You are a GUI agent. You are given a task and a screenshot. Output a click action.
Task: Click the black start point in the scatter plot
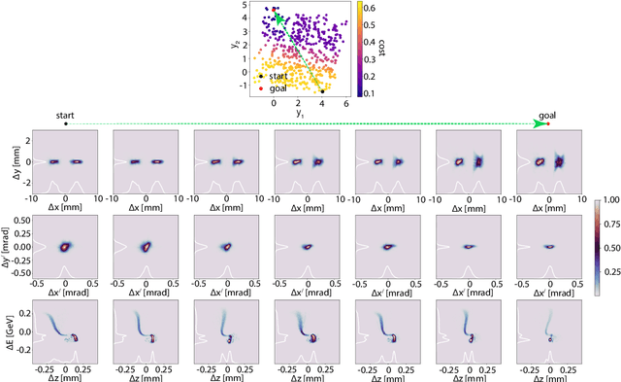[323, 91]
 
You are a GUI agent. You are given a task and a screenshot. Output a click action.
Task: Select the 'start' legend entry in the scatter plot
[278, 75]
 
